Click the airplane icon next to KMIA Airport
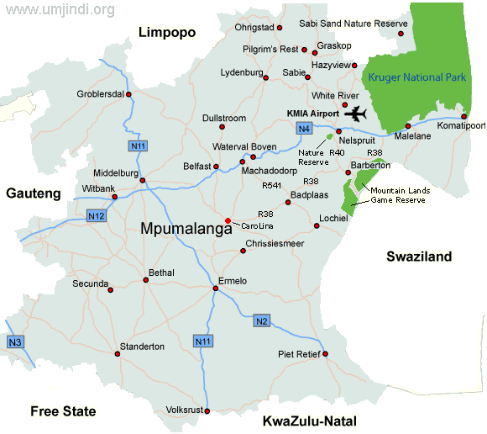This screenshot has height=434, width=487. pos(357,114)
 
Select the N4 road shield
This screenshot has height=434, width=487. pos(303,128)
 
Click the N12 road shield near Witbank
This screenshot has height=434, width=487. pos(97,216)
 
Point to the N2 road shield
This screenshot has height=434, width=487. pos(261,320)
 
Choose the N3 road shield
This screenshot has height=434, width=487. pos(14,341)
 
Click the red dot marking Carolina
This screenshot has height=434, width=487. pos(228,221)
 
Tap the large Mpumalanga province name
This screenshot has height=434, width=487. pos(186,229)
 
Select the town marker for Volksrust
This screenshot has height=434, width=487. pos(207,411)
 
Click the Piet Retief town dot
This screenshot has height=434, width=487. pos(324,354)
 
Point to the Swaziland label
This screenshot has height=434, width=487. pos(419,257)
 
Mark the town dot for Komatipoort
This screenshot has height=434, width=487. pos(464,116)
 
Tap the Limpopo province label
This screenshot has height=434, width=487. pos(166,33)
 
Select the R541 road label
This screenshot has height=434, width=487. pos(272,185)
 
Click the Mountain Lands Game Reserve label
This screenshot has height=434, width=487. pos(400,195)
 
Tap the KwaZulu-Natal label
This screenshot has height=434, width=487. pos(310,421)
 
